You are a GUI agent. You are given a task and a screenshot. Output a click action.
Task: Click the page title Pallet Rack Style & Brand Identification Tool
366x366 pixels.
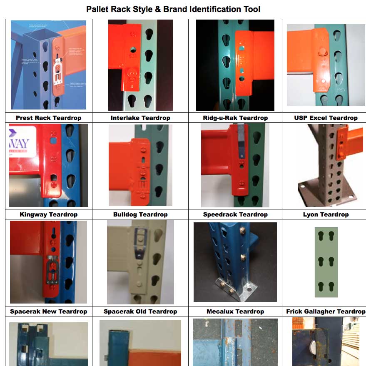point(173,9)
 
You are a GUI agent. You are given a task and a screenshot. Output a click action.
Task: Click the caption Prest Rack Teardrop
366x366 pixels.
point(48,118)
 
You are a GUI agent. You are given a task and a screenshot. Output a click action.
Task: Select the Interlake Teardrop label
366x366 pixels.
point(140,118)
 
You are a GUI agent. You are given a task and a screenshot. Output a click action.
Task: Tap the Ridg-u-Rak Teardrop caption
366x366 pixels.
point(235,118)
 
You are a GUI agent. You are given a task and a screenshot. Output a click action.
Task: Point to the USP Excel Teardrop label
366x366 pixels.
point(326,118)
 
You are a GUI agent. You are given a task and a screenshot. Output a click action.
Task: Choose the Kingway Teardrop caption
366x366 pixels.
point(48,214)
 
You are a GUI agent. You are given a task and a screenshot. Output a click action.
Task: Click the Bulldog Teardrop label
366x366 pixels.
point(140,214)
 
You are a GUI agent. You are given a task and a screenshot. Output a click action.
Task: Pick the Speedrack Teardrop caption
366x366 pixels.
point(235,214)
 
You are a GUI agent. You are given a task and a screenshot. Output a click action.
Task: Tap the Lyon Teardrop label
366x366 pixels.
point(326,214)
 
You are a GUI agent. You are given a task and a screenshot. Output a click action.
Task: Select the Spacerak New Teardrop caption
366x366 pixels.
point(48,311)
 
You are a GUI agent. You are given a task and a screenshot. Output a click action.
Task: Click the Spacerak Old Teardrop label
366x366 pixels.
point(140,311)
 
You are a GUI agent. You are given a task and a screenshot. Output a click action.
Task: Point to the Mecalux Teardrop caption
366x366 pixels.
point(235,311)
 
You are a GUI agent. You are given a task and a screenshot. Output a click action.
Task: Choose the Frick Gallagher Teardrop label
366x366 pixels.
point(326,311)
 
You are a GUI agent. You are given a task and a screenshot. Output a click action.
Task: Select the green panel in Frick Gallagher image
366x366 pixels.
point(326,262)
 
